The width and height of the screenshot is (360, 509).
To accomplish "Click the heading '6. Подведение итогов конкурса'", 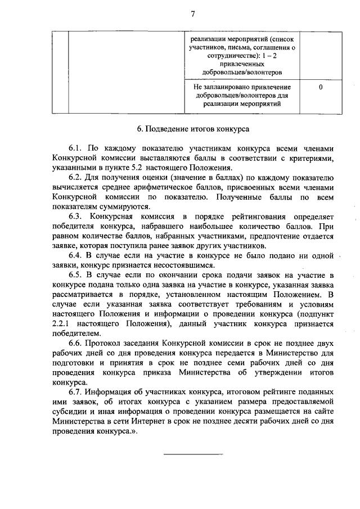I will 194,128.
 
